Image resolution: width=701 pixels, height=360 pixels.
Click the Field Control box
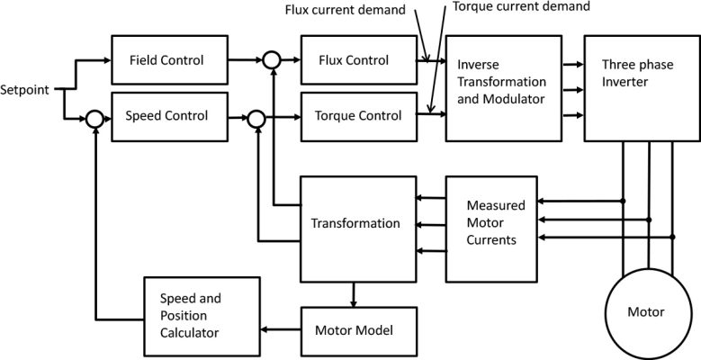click(x=167, y=60)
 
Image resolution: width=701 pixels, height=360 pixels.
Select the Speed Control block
click(x=167, y=115)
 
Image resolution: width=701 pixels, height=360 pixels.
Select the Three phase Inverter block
click(x=642, y=88)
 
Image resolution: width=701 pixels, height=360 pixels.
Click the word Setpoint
click(x=27, y=89)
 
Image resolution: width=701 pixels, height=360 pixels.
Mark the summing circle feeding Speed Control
click(x=94, y=116)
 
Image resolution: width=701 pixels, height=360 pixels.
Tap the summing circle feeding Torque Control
click(x=257, y=116)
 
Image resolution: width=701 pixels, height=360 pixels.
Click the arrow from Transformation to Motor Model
click(x=353, y=294)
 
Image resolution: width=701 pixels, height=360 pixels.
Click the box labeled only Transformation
click(x=355, y=224)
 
